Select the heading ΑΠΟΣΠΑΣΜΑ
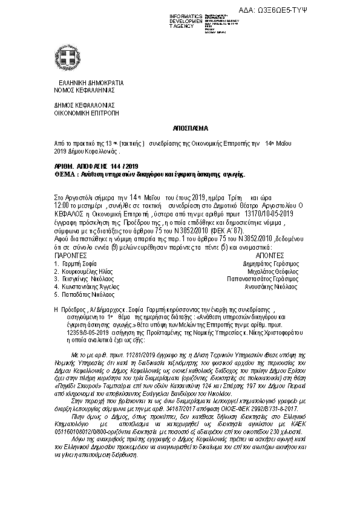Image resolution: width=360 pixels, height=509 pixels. tap(180, 129)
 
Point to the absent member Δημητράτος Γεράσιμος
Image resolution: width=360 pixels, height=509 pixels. tap(270, 264)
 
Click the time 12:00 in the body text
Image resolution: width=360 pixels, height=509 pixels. tap(61, 206)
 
